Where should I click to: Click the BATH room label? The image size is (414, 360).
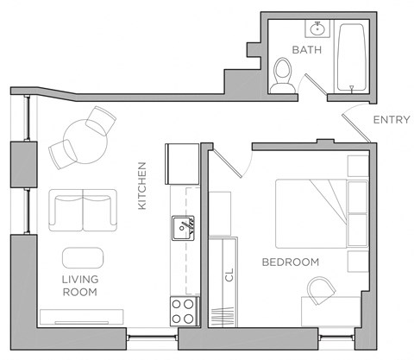pyautogui.click(x=306, y=50)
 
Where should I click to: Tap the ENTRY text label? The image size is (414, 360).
pyautogui.click(x=390, y=120)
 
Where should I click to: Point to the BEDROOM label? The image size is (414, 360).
pyautogui.click(x=291, y=262)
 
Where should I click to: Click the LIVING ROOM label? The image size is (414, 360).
pyautogui.click(x=79, y=286)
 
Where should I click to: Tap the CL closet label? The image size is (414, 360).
pyautogui.click(x=229, y=275)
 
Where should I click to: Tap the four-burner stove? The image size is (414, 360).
pyautogui.click(x=184, y=310)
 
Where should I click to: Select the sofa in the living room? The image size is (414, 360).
pyautogui.click(x=82, y=210)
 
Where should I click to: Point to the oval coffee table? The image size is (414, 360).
pyautogui.click(x=83, y=257)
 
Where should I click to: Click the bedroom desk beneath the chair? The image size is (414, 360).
pyautogui.click(x=331, y=311)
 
